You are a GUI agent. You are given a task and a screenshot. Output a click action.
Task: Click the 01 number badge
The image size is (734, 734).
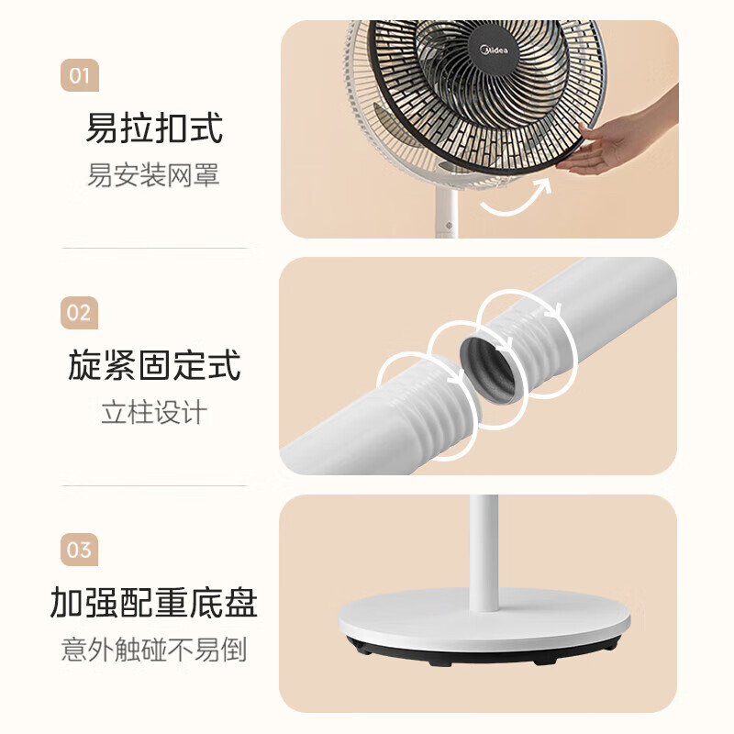80,74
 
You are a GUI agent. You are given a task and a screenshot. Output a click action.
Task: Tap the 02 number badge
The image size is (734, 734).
80,313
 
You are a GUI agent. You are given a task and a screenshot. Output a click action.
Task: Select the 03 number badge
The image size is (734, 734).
80,550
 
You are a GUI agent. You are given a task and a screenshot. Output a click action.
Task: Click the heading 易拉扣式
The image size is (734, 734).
154,128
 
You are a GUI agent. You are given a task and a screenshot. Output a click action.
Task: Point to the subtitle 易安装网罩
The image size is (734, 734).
154,174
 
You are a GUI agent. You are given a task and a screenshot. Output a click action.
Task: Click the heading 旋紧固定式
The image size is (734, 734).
154,366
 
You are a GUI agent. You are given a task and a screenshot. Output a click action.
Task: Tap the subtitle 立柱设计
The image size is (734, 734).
154,412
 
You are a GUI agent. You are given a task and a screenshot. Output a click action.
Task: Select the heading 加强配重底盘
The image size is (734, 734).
154,604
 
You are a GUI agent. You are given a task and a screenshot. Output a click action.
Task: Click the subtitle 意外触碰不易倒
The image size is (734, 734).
154,651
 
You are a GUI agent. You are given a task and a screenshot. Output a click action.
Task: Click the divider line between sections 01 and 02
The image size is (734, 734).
154,248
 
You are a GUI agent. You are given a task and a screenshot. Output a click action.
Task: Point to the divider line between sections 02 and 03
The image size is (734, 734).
154,485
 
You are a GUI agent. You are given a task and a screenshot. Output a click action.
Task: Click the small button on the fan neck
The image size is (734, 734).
449,223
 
